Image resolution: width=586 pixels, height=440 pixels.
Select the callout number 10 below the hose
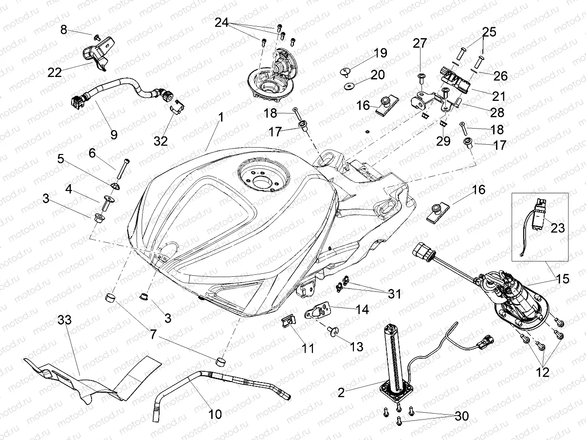coord(215,414)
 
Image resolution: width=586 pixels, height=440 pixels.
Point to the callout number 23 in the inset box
coord(557,228)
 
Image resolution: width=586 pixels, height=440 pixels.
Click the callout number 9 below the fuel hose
coord(113,134)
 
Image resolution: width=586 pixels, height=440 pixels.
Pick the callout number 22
coord(55,72)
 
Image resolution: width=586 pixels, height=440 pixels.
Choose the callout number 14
coord(362,309)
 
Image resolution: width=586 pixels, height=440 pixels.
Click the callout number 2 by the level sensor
coord(341,393)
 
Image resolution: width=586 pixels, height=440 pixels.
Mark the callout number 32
coord(161,141)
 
